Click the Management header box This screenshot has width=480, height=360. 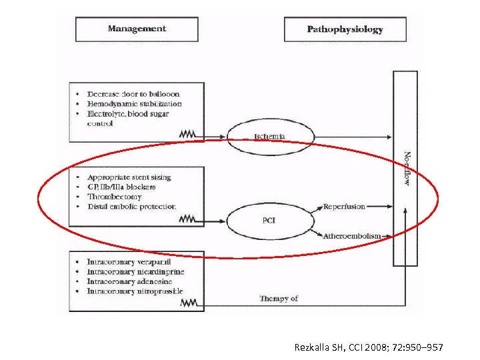[x=137, y=29]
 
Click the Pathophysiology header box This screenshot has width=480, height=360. [x=345, y=29]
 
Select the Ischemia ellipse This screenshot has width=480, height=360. [x=269, y=137]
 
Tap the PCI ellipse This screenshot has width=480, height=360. [x=269, y=220]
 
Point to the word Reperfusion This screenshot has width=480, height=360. [x=344, y=207]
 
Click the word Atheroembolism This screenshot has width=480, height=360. [x=351, y=235]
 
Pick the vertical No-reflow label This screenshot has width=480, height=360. [x=405, y=169]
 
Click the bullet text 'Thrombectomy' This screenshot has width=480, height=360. [x=115, y=197]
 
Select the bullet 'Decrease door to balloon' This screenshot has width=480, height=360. [x=133, y=95]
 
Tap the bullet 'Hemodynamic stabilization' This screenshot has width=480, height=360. [x=134, y=104]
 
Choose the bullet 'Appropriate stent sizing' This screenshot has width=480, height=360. [x=129, y=177]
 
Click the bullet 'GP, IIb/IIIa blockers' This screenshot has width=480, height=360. [x=121, y=187]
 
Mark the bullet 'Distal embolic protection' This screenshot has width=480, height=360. [x=131, y=207]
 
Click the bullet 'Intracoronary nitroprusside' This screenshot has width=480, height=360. [x=135, y=291]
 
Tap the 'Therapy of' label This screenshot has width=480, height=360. [x=279, y=299]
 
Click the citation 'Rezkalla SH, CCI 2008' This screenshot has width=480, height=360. [x=369, y=347]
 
